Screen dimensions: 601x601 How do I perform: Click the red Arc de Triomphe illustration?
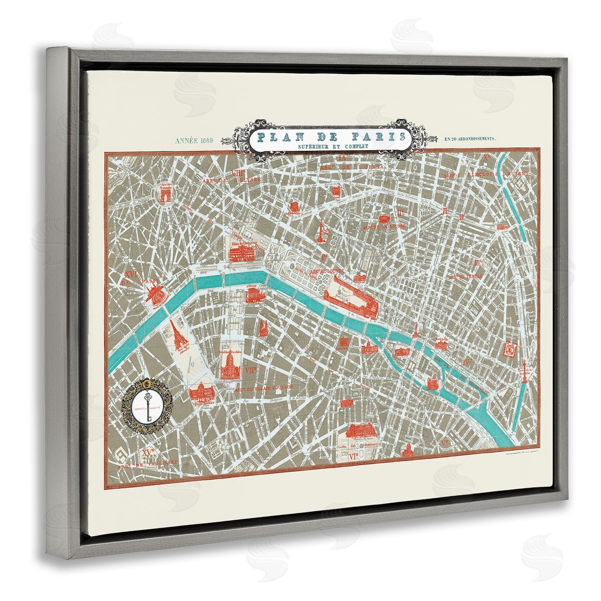click(x=165, y=194)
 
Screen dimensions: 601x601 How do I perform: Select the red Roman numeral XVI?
click(x=131, y=274)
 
